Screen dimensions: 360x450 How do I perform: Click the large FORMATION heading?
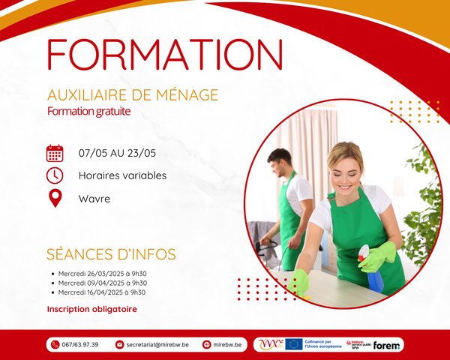(165, 55)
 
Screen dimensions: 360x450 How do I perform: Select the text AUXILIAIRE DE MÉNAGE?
(132, 95)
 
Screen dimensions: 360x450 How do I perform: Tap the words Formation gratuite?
(88, 111)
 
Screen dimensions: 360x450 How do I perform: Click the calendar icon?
(55, 154)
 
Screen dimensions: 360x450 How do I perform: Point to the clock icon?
(55, 175)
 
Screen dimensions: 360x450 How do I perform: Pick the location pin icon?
(55, 199)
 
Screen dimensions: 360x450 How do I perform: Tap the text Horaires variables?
(122, 176)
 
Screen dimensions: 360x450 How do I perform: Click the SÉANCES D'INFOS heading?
(111, 254)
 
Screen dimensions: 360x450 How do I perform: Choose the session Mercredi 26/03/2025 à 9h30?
(103, 274)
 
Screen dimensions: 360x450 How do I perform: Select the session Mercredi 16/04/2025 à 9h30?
(103, 292)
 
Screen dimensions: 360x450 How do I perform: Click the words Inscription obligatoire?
(91, 309)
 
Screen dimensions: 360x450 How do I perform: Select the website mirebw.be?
(227, 345)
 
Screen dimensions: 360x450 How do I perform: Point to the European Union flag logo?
(293, 344)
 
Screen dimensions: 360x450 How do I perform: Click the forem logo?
(388, 345)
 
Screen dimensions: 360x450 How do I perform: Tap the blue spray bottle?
(371, 268)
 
